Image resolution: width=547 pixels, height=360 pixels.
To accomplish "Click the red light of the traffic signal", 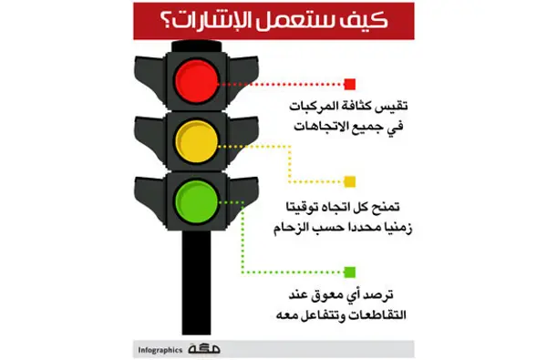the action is (x=197, y=81).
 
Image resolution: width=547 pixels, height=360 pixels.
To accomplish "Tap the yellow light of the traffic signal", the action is (x=197, y=141).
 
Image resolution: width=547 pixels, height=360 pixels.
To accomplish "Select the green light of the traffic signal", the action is (x=197, y=201).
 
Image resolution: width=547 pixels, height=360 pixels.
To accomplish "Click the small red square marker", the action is (x=350, y=84).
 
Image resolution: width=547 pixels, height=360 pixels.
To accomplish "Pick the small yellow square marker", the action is (x=350, y=181).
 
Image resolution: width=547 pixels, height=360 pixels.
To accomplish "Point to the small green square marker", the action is (x=350, y=273).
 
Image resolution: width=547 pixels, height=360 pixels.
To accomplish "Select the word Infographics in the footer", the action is (x=160, y=350).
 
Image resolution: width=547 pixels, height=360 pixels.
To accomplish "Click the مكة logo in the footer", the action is (x=204, y=348).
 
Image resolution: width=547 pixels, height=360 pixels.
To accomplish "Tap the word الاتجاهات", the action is (x=319, y=126).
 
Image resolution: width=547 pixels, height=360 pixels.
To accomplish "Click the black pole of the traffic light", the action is (x=196, y=283).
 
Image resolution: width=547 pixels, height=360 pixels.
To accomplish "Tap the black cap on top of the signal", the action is (x=197, y=46).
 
